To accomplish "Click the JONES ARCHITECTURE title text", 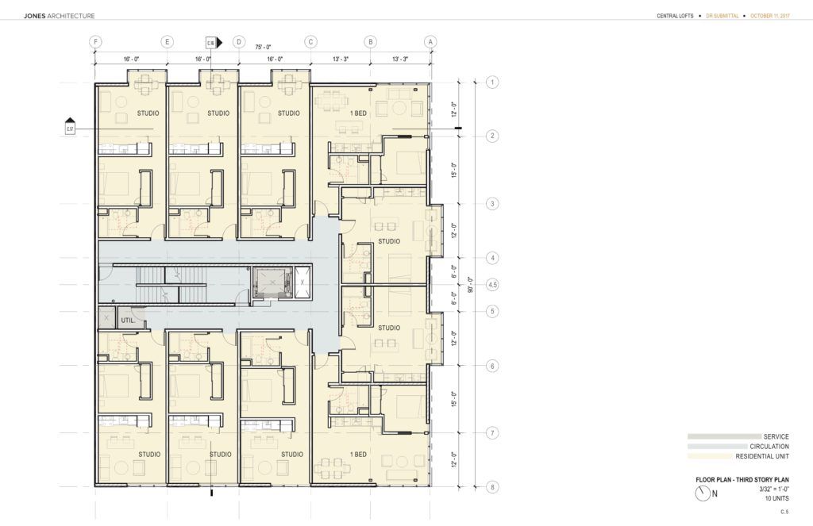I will coord(60,16).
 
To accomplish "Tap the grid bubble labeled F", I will coord(95,41).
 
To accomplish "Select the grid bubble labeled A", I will coord(430,41).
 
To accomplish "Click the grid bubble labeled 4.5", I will coord(492,284).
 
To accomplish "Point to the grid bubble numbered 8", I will coord(492,487).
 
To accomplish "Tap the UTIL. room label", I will coord(127,320).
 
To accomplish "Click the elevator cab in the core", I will coord(271,282).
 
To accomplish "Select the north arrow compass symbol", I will coord(702,493).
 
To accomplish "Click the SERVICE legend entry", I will coord(776,436).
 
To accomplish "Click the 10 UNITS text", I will coord(776,498).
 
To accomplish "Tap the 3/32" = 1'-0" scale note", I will coord(773,490).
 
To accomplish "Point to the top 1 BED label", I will coord(358,113).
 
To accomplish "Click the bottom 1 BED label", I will coord(358,455).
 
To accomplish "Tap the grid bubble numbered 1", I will coord(492,82).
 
